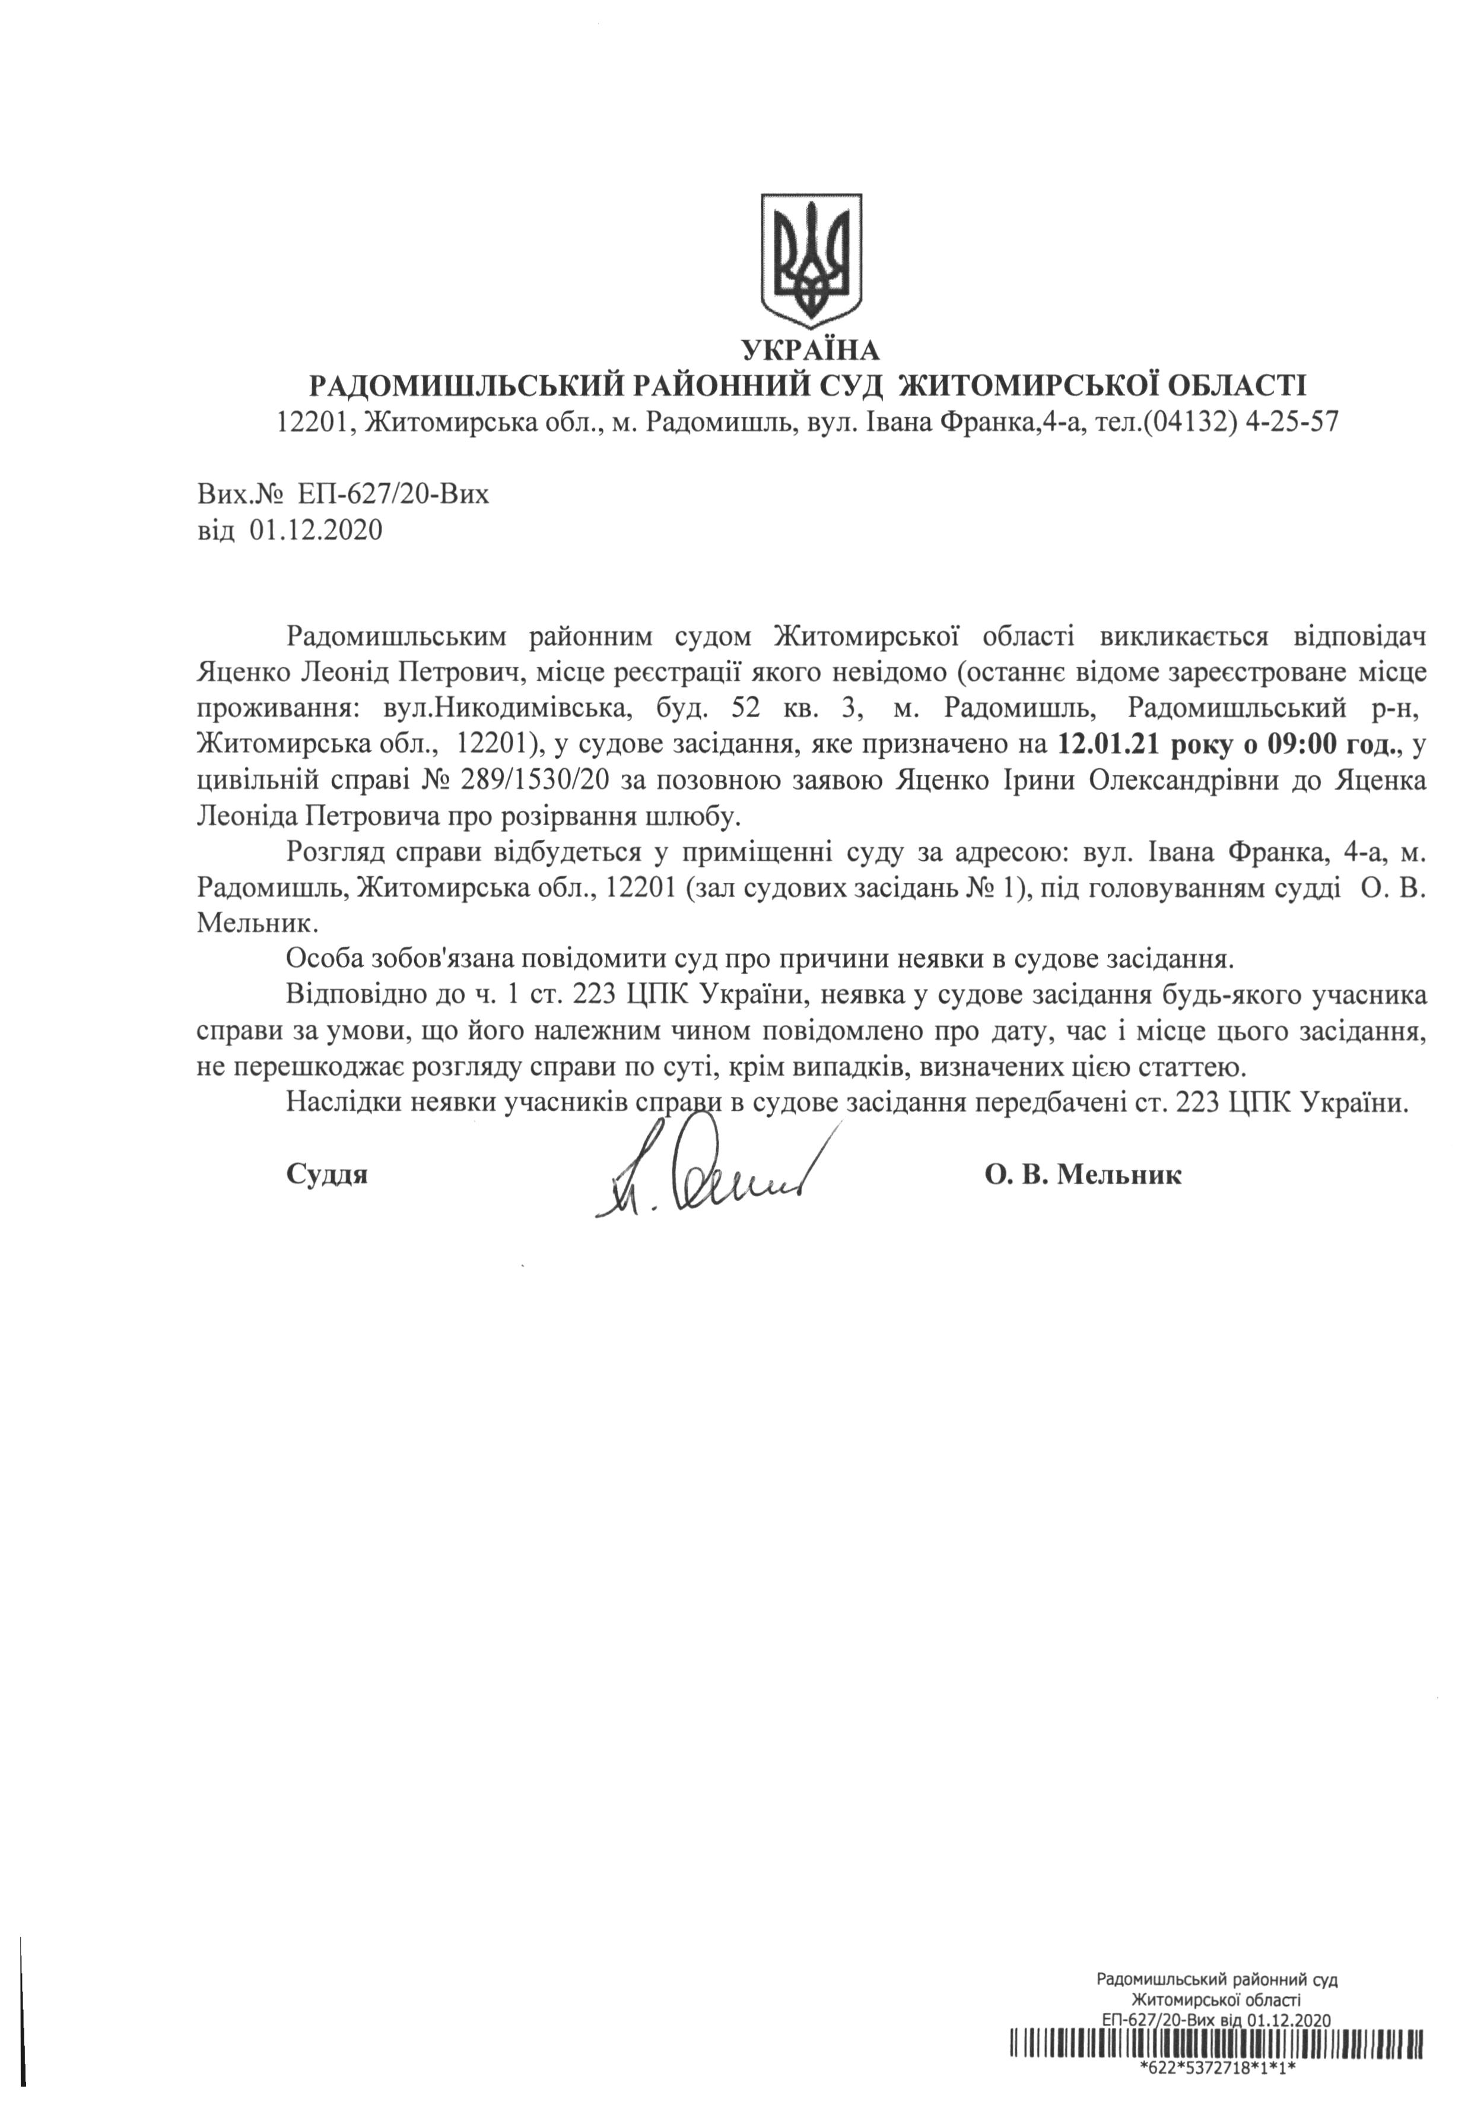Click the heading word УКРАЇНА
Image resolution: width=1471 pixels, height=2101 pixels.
pos(811,350)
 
